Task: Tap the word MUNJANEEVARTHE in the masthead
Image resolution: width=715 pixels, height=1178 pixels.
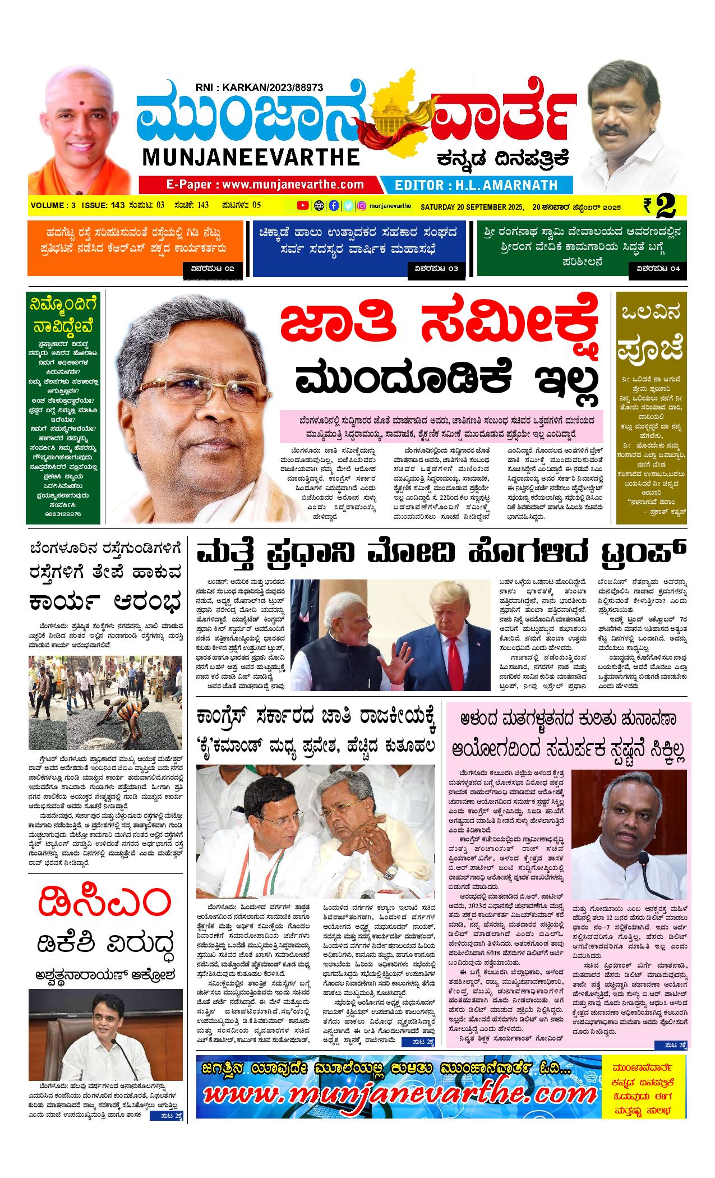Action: tap(251, 157)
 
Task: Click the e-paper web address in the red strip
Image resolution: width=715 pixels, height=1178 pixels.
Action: tap(265, 185)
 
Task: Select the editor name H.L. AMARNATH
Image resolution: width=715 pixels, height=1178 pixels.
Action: tap(476, 185)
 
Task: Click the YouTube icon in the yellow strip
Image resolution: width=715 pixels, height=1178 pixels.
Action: tap(303, 206)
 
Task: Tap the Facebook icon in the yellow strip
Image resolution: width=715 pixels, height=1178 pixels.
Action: tap(334, 206)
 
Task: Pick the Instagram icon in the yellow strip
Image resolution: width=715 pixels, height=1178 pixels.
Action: tap(362, 206)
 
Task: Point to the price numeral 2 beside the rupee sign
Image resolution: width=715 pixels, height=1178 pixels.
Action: tap(665, 206)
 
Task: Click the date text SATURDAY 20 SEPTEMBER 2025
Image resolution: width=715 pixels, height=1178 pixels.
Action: tap(472, 206)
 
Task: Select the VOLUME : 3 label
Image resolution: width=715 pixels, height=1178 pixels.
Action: tap(53, 206)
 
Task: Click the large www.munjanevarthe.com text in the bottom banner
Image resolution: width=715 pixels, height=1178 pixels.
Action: tap(393, 1094)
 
